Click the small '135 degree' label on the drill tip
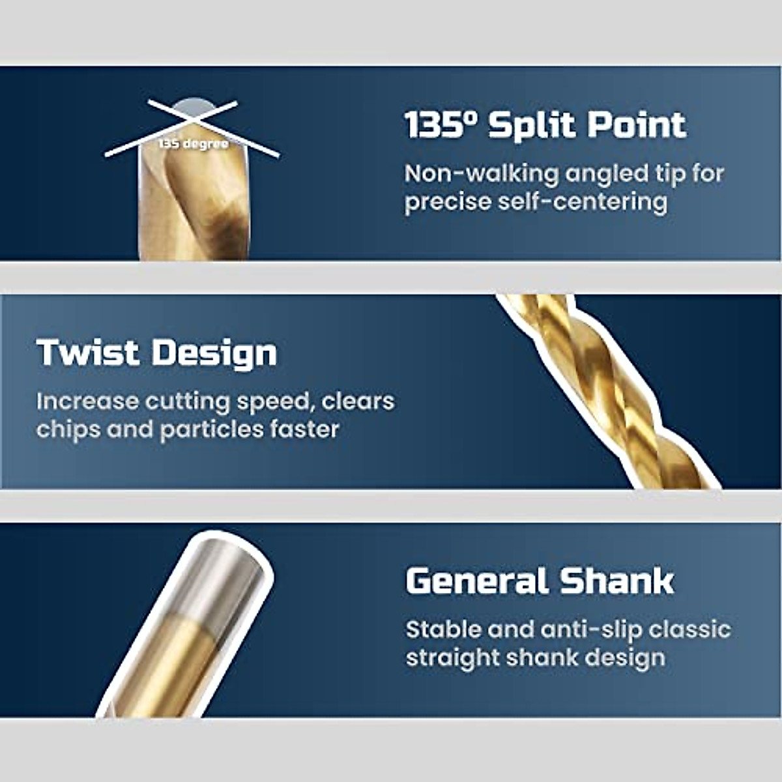tap(194, 144)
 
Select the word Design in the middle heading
tap(214, 353)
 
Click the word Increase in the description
tap(88, 401)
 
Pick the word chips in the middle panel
tap(68, 429)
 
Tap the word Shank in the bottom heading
tap(616, 581)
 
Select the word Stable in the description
tap(443, 630)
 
